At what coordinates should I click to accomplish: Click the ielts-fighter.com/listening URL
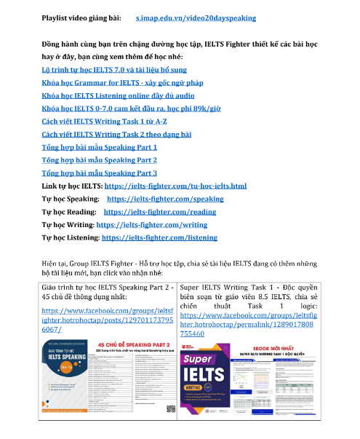coord(159,237)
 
